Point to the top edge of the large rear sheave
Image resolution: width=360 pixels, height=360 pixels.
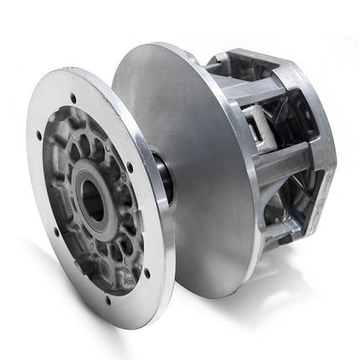coord(159,46)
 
